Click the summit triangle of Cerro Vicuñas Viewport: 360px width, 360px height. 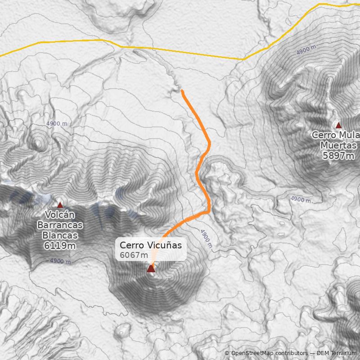coord(151,269)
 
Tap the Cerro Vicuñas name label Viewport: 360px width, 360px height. coord(151,245)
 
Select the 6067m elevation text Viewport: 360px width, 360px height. coord(134,255)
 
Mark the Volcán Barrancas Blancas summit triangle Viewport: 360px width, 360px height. coord(60,205)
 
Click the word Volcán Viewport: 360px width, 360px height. coord(60,215)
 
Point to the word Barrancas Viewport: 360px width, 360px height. coord(60,225)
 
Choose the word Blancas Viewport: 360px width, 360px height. coord(60,235)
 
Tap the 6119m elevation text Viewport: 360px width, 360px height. coord(60,245)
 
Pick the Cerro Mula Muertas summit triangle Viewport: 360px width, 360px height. coord(337,125)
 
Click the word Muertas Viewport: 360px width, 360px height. coord(338,145)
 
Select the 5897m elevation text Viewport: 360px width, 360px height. coord(338,156)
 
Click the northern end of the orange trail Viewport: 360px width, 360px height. coord(182,90)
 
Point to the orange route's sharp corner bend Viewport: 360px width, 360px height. coord(209,211)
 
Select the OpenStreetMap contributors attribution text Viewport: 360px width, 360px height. coord(270,354)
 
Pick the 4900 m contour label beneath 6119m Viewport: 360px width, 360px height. coord(60,261)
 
